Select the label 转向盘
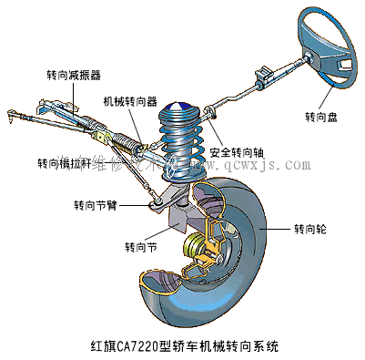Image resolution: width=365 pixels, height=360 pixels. point(322,118)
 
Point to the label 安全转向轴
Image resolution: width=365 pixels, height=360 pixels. point(238,151)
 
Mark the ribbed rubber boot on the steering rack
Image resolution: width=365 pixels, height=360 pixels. point(124,139)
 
